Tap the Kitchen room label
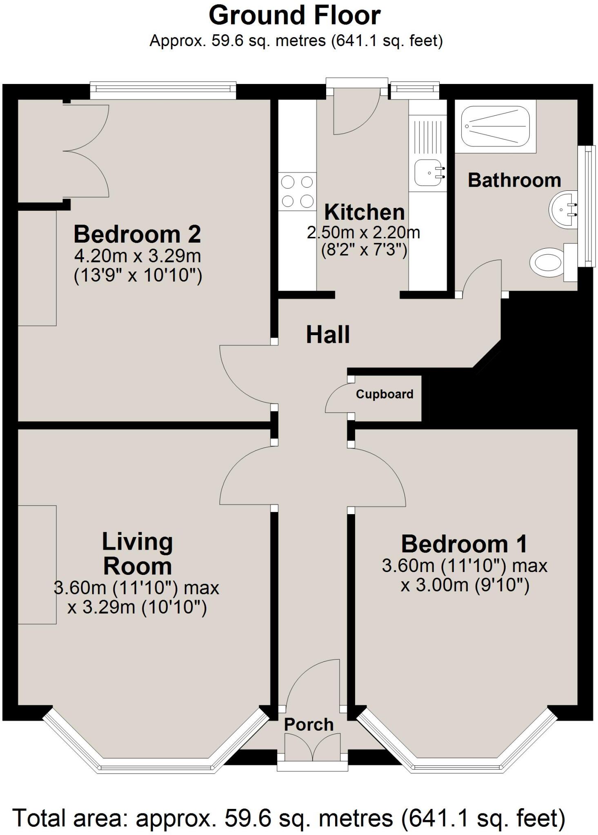[x=364, y=212]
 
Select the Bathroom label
[x=514, y=180]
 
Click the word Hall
[x=328, y=335]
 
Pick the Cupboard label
[x=384, y=394]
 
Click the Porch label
[x=309, y=725]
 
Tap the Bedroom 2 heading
[x=137, y=234]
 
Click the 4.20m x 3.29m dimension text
[x=137, y=256]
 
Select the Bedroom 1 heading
[x=464, y=544]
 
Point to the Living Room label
[x=137, y=554]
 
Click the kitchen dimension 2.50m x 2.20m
[x=363, y=232]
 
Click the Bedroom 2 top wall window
[x=163, y=90]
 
